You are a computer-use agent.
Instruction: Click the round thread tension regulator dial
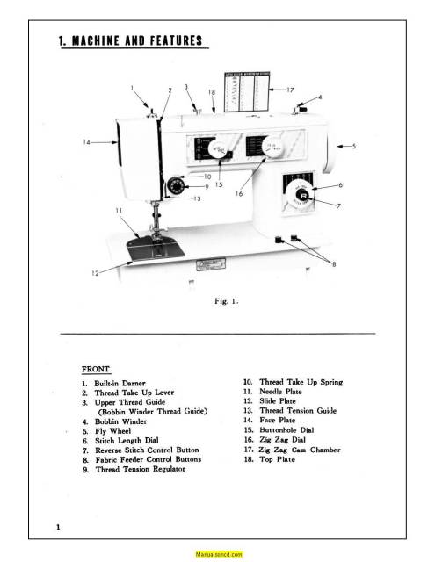178,186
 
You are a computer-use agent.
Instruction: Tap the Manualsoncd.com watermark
218,555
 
